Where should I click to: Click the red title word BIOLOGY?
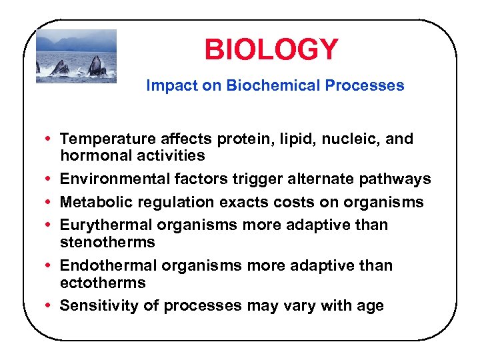click(271, 49)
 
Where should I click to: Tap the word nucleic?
click(351, 139)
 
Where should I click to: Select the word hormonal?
click(90, 156)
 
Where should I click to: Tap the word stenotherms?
click(107, 242)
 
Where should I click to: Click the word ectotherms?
click(103, 282)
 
